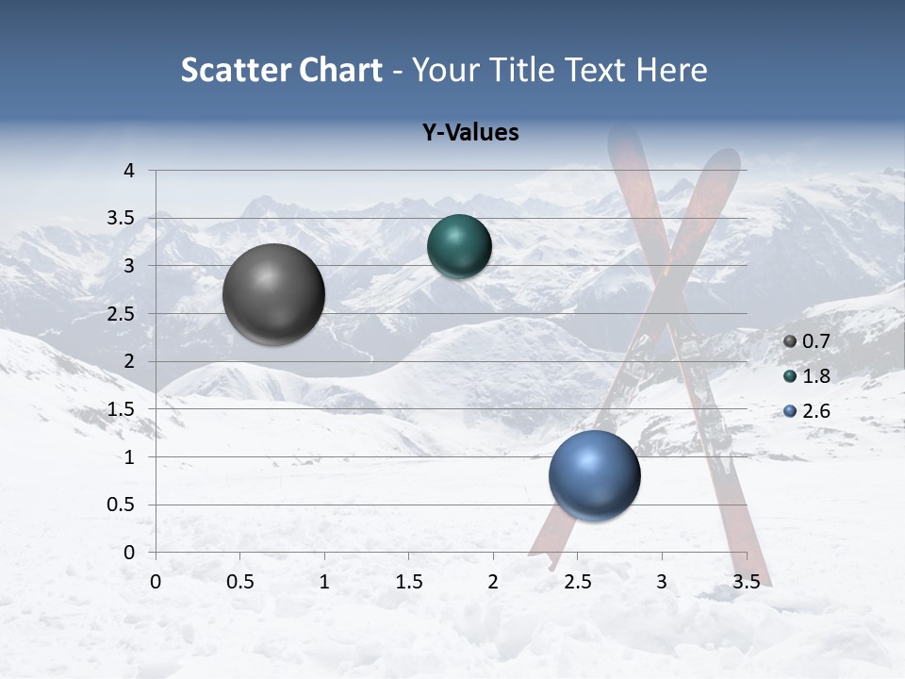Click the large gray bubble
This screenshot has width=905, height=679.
(273, 294)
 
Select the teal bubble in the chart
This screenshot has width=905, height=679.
(459, 247)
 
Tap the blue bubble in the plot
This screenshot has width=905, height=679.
(594, 475)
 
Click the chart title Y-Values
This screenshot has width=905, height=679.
(470, 133)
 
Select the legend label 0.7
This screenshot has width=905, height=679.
(815, 341)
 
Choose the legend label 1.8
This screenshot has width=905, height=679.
(815, 376)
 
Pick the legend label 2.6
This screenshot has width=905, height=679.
(815, 411)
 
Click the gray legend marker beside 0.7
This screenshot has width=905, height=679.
(790, 341)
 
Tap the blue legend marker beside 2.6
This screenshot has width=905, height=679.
(790, 411)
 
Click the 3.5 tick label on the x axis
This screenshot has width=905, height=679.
(746, 582)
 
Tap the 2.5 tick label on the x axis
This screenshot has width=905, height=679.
(577, 582)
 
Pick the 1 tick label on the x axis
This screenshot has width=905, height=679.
(324, 582)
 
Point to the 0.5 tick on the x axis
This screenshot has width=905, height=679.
(239, 582)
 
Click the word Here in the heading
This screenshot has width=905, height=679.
(670, 70)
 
